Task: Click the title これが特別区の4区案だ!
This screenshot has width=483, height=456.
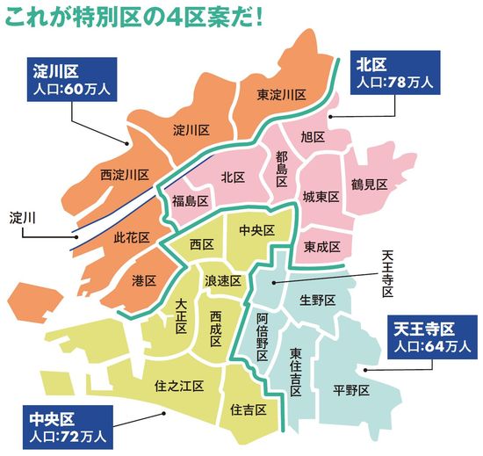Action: point(136,17)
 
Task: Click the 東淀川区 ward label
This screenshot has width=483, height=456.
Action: point(281,94)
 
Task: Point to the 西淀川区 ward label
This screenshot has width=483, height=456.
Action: point(125,175)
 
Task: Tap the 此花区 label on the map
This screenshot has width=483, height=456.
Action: point(133,238)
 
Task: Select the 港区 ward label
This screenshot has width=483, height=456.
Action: point(143,280)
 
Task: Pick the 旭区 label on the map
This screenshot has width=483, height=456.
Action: point(313,138)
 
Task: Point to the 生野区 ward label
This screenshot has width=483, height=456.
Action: point(318,300)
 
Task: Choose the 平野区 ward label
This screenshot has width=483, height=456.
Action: point(351,390)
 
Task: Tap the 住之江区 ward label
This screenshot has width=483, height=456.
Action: point(179,385)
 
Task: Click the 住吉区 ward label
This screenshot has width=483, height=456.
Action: point(249,409)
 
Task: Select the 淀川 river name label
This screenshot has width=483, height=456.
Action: point(23,216)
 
